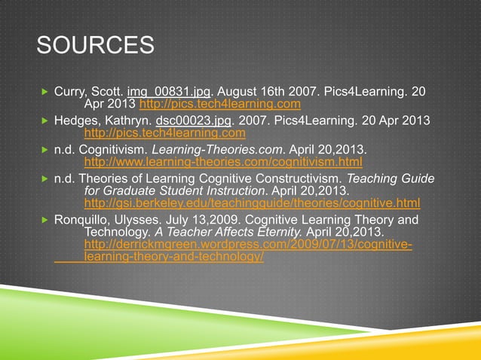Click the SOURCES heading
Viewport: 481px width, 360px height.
[x=95, y=46]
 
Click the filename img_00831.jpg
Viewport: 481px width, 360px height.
[x=180, y=92]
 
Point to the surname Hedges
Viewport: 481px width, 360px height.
[x=74, y=121]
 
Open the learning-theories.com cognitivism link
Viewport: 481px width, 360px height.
[x=223, y=162]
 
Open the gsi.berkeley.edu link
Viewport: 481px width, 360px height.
[x=252, y=203]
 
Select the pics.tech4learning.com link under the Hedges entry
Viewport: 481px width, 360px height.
[x=165, y=133]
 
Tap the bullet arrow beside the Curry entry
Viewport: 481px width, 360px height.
[x=44, y=92]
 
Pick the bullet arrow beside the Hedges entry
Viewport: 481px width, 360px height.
[x=44, y=121]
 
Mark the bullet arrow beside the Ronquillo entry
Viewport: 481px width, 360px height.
[x=44, y=220]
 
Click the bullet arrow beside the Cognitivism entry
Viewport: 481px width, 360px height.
[x=44, y=149]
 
